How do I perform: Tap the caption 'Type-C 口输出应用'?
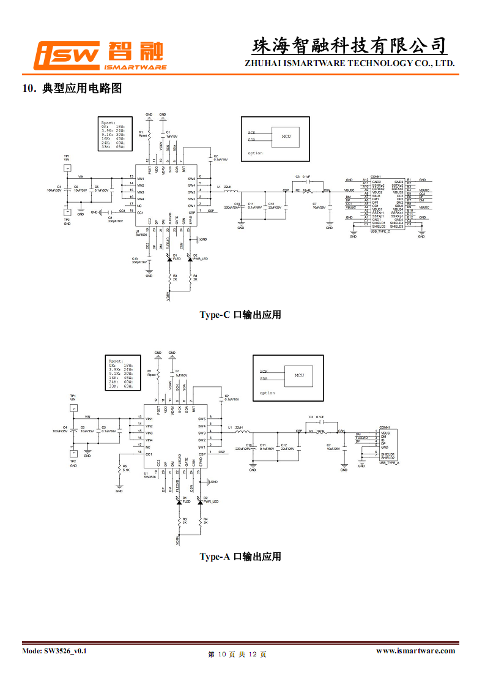tap(240, 315)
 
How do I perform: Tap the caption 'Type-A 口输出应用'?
tap(240, 557)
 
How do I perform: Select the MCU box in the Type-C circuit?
tap(286, 136)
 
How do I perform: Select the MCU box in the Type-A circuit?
tap(299, 375)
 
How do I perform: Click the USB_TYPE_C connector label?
tap(380, 231)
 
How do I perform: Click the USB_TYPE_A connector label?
tap(389, 463)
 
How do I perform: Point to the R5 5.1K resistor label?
tap(125, 468)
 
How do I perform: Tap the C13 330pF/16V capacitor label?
tap(139, 260)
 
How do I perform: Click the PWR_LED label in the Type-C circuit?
tap(201, 259)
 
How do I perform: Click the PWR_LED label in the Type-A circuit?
tap(212, 501)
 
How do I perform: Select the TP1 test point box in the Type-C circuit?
tap(67, 167)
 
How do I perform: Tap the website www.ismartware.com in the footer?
tap(415, 651)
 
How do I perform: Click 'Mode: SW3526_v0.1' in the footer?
tap(54, 651)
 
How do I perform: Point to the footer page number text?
tap(237, 655)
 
